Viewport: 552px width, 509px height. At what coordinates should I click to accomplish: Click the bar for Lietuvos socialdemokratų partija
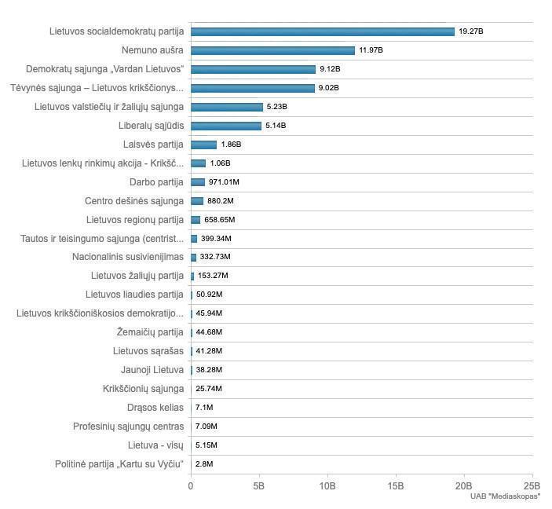click(322, 31)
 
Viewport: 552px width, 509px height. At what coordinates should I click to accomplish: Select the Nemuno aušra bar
click(272, 50)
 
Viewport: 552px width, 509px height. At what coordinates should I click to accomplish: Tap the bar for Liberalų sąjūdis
click(225, 126)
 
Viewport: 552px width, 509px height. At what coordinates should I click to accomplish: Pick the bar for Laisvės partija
click(203, 145)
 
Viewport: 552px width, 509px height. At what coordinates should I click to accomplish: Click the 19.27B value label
click(472, 31)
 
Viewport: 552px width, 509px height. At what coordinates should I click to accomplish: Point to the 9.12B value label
click(330, 69)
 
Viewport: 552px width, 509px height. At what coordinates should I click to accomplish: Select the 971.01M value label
click(224, 182)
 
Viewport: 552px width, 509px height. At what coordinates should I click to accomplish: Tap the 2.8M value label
click(204, 464)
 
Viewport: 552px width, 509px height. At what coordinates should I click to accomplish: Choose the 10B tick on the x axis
click(327, 486)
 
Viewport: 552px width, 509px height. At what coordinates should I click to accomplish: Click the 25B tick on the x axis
click(532, 486)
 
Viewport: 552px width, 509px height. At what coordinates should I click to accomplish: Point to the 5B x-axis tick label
click(259, 486)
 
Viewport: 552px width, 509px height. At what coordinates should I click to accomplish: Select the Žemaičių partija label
click(150, 332)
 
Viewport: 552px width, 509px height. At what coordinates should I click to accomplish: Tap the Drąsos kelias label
click(155, 408)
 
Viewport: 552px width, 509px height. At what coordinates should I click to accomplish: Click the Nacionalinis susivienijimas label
click(128, 257)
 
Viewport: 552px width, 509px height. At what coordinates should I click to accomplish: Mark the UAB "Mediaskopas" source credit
click(506, 496)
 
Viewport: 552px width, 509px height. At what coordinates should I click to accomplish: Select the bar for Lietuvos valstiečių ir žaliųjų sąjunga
click(226, 107)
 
